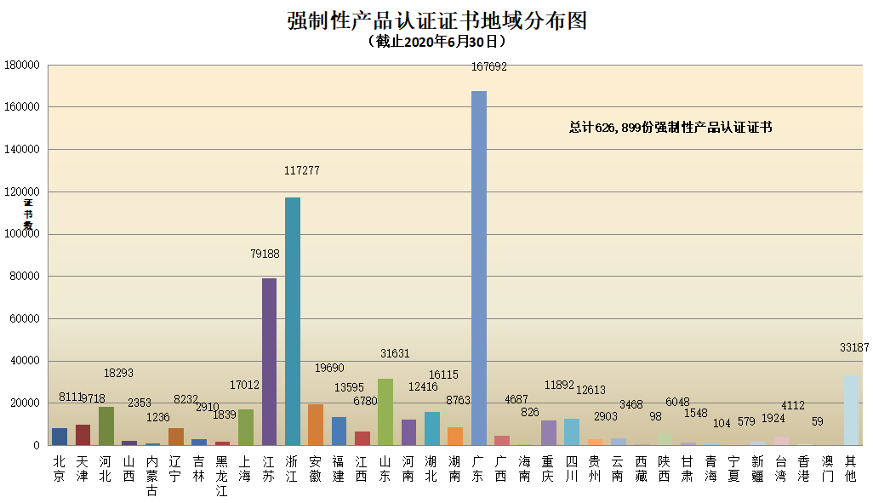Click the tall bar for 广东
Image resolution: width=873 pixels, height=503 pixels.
(x=479, y=268)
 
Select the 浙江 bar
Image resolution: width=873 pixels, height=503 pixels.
(x=292, y=322)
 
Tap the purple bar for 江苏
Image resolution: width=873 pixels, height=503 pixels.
(x=269, y=362)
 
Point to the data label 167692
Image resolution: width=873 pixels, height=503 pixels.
(x=488, y=66)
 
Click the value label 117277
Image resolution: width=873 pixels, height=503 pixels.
(x=301, y=171)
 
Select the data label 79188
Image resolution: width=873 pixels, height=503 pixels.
(x=265, y=253)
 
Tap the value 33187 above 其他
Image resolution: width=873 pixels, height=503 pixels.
(x=854, y=347)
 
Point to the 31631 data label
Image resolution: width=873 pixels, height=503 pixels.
(x=395, y=353)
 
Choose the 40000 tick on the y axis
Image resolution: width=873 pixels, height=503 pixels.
(x=25, y=361)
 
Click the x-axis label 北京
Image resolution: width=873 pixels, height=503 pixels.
(x=59, y=469)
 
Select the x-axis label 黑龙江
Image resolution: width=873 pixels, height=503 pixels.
(x=221, y=476)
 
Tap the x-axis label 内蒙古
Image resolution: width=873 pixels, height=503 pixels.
(x=151, y=476)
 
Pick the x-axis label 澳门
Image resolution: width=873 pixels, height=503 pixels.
(x=826, y=469)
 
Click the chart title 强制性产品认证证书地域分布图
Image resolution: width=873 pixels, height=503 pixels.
(x=436, y=20)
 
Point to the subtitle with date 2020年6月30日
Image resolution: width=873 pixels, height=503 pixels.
(x=436, y=42)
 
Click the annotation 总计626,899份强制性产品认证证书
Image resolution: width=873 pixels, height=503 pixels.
(x=670, y=127)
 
